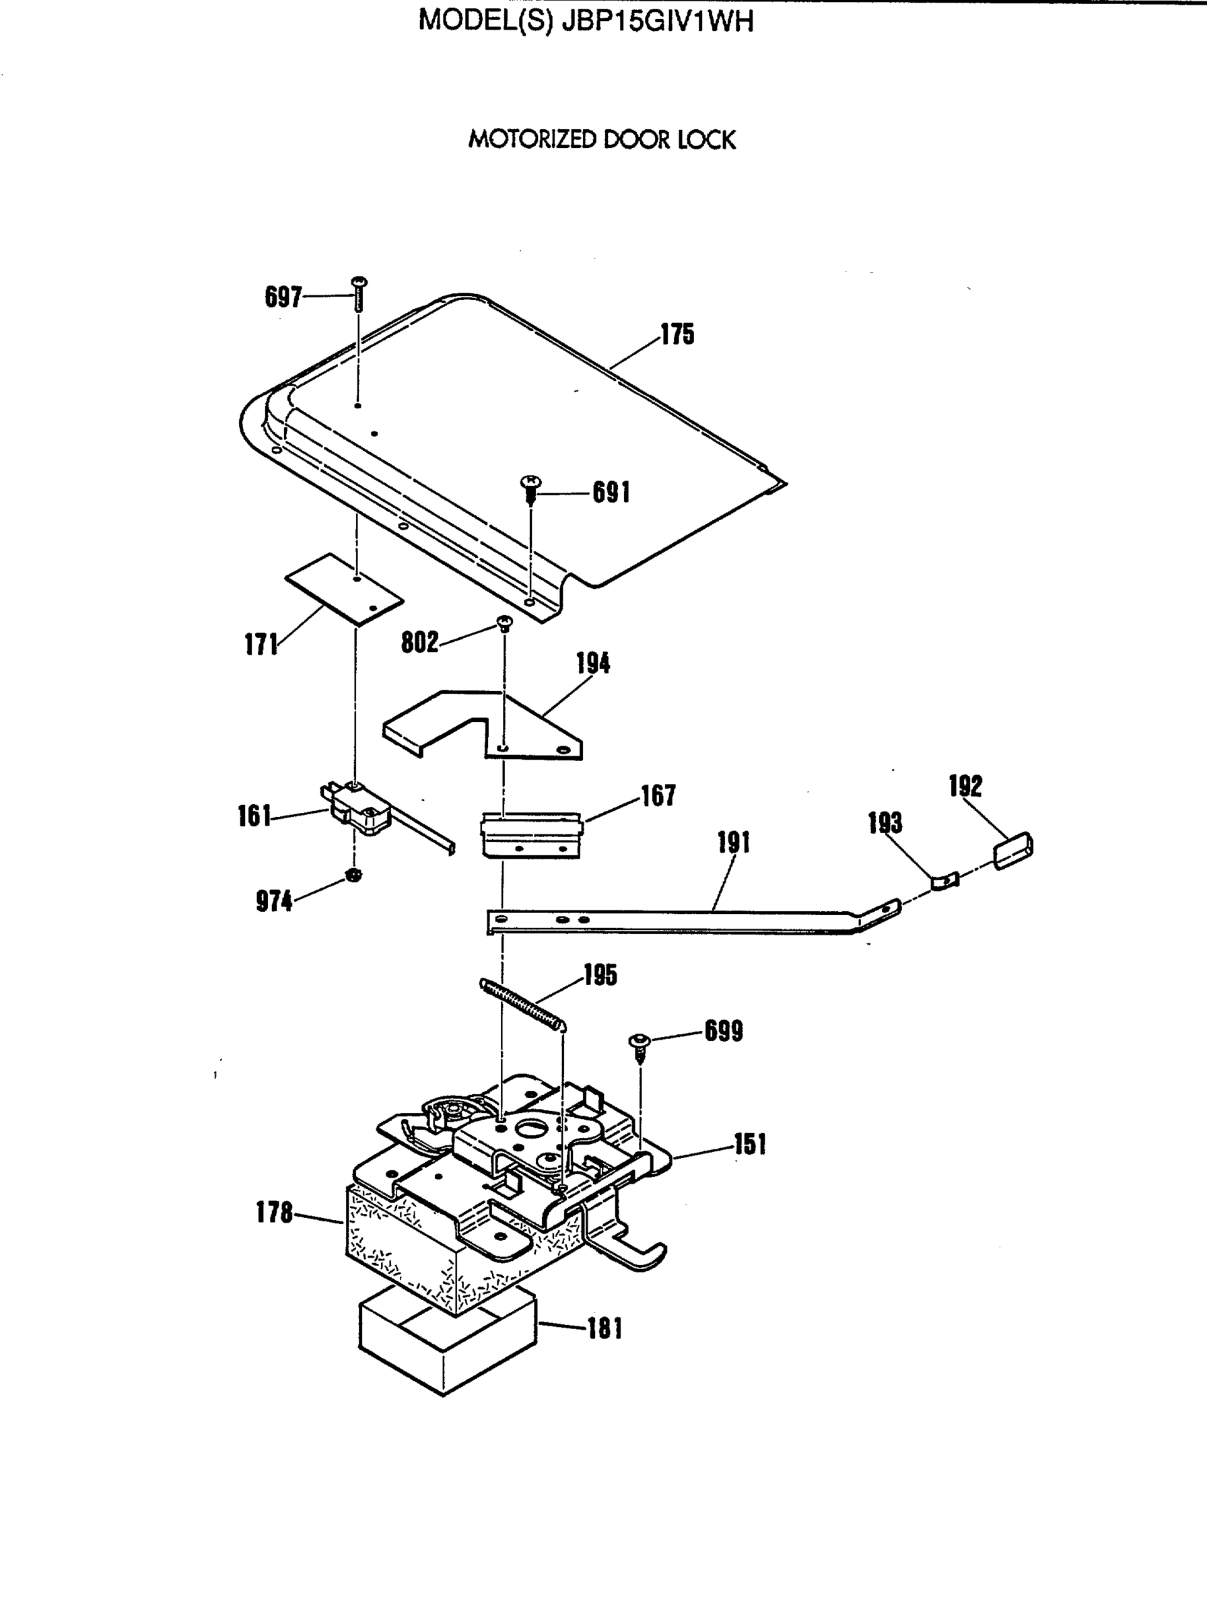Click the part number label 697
[283, 297]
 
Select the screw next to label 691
[531, 490]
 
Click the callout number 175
[678, 334]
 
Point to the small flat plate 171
[343, 589]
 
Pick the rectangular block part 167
[532, 834]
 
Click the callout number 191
[733, 842]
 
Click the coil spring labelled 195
[523, 1006]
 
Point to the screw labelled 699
[640, 1048]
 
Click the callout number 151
[750, 1144]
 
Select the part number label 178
[274, 1213]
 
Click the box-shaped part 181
[447, 1349]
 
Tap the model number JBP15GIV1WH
[657, 21]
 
